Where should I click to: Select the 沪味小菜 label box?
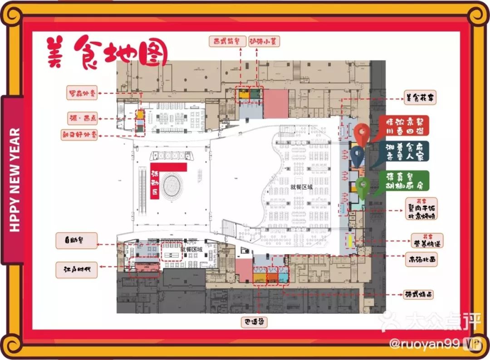[264, 41]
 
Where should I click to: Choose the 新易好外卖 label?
[79, 135]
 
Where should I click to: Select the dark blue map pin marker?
[358, 156]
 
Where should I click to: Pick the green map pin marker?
[363, 187]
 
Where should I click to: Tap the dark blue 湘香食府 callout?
[404, 151]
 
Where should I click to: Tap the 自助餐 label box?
[76, 241]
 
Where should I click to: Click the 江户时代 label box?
[77, 269]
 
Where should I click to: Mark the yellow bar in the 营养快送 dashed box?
[350, 240]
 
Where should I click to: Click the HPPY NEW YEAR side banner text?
[15, 180]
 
